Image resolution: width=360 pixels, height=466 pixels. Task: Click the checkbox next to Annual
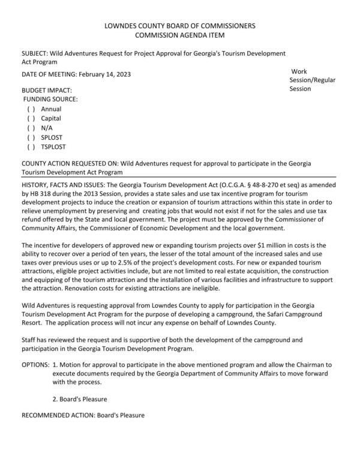click(x=31, y=109)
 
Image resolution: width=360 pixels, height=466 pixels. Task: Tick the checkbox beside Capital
click(x=31, y=119)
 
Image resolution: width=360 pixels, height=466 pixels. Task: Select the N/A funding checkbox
click(x=31, y=128)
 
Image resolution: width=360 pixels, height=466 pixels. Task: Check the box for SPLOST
click(x=31, y=137)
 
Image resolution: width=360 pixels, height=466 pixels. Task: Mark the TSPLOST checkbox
click(x=31, y=146)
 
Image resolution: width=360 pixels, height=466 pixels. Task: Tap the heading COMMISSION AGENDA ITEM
click(x=179, y=36)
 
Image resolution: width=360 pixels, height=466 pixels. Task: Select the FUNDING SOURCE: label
click(x=50, y=99)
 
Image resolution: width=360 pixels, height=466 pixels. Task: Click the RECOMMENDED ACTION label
click(x=56, y=414)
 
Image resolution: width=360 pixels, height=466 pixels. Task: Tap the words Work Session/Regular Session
click(x=312, y=80)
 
